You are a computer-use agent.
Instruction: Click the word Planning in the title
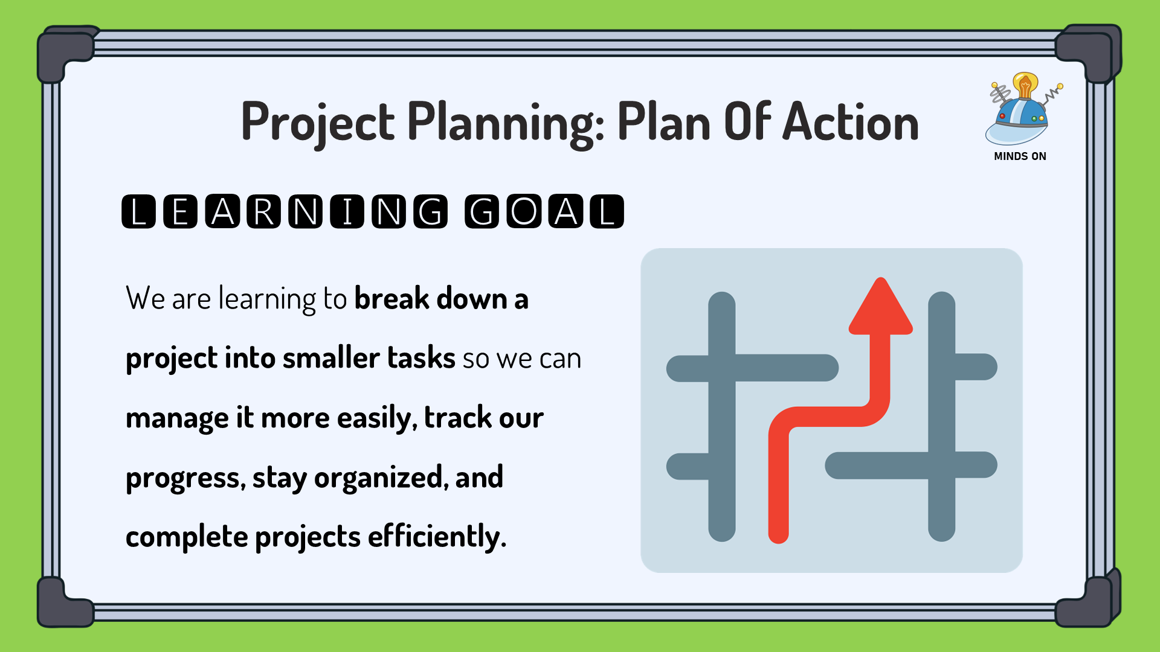[x=506, y=123]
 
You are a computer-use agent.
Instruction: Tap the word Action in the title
[x=851, y=122]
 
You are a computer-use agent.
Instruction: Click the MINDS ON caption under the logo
[x=1020, y=156]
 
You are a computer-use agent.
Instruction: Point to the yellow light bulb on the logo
[x=1025, y=85]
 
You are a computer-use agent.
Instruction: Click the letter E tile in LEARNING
[x=180, y=211]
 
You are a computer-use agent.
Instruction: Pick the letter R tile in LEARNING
[x=263, y=211]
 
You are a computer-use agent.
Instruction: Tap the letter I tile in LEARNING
[x=347, y=211]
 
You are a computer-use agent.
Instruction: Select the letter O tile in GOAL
[x=524, y=211]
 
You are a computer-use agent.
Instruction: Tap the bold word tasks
[x=421, y=357]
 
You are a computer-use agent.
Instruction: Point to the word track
[x=458, y=417]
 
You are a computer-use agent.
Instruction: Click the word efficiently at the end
[x=437, y=536]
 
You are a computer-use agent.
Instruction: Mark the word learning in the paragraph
[x=267, y=299]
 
